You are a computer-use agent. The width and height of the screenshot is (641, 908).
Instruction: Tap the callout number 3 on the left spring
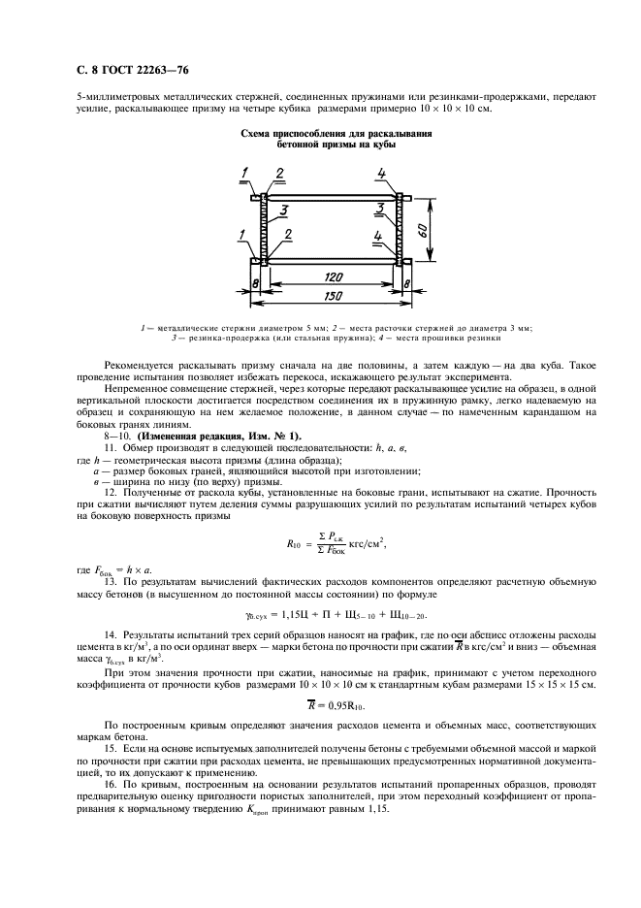[x=281, y=210]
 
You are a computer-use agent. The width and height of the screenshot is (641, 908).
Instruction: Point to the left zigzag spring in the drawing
[x=262, y=229]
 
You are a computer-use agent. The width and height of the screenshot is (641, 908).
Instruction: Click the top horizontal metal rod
[x=330, y=198]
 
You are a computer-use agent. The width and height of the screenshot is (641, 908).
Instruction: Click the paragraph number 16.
[x=112, y=783]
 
